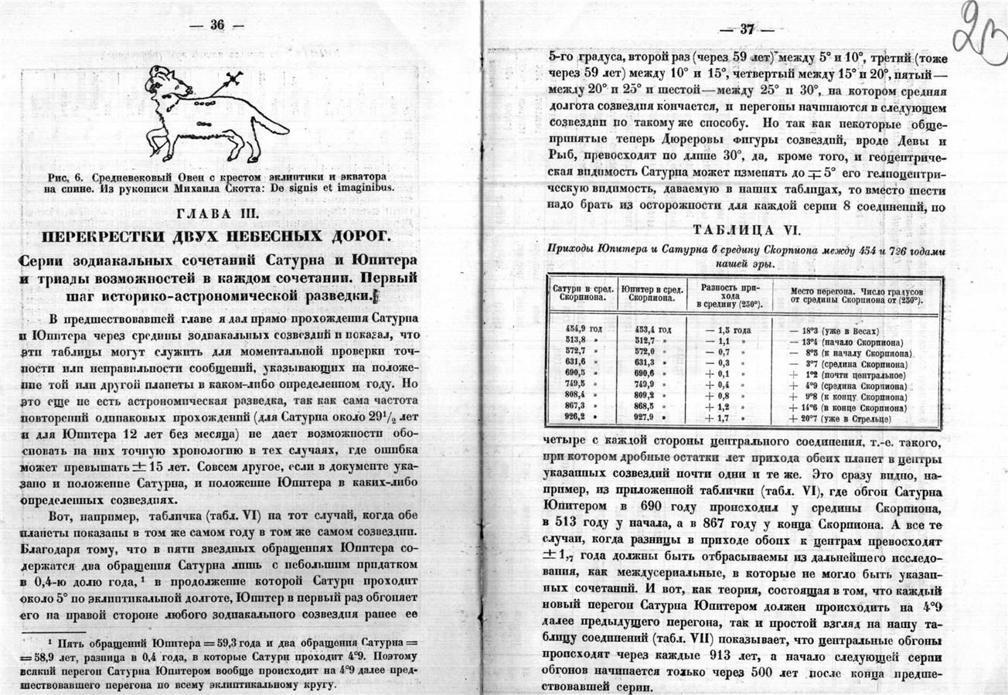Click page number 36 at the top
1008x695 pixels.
click(216, 26)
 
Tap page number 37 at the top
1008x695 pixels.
click(747, 30)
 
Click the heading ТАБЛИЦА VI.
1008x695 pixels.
click(746, 230)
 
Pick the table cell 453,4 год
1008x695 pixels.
click(654, 328)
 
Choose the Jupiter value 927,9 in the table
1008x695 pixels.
click(647, 418)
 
